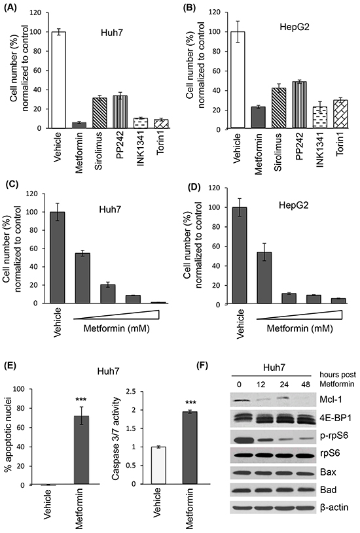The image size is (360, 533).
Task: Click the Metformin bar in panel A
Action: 79,125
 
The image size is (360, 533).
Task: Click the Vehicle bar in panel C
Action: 58,257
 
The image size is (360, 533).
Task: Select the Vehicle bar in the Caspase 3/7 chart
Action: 158,466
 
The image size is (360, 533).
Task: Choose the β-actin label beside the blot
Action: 334,507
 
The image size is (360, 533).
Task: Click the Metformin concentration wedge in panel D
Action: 299,315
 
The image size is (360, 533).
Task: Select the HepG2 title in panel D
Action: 294,205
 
